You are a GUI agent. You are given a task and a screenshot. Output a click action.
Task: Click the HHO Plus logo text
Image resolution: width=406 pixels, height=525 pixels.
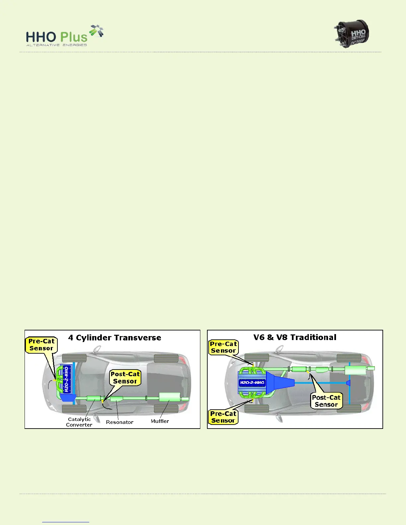pyautogui.click(x=57, y=37)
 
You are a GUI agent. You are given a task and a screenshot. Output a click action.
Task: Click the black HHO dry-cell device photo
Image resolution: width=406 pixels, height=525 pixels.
pyautogui.click(x=352, y=34)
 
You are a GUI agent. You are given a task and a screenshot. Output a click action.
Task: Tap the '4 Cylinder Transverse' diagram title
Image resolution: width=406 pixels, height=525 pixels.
pyautogui.click(x=114, y=338)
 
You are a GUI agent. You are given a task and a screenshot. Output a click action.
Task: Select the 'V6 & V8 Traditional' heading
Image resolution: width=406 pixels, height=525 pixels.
pyautogui.click(x=295, y=337)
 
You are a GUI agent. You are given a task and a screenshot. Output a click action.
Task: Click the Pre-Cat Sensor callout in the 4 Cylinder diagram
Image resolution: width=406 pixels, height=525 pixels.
pyautogui.click(x=41, y=345)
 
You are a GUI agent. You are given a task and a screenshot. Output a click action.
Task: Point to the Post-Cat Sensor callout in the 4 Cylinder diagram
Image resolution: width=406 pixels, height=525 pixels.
pyautogui.click(x=125, y=378)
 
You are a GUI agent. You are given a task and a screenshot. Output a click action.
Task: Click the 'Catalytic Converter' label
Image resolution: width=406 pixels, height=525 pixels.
pyautogui.click(x=79, y=422)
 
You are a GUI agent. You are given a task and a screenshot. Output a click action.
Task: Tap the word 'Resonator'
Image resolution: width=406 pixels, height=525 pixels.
pyautogui.click(x=119, y=422)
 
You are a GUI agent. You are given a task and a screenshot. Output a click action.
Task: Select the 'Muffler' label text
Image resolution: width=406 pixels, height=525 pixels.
pyautogui.click(x=160, y=421)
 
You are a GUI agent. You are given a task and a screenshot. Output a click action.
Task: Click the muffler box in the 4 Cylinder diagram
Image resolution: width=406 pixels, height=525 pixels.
pyautogui.click(x=169, y=397)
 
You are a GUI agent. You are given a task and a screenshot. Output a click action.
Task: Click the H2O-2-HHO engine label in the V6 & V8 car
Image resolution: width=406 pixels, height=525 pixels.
pyautogui.click(x=252, y=382)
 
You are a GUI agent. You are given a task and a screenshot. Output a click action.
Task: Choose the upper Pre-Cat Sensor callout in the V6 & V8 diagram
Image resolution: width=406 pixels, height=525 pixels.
pyautogui.click(x=223, y=347)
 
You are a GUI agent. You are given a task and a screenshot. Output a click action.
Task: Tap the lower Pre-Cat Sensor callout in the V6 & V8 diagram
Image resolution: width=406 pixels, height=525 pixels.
pyautogui.click(x=223, y=417)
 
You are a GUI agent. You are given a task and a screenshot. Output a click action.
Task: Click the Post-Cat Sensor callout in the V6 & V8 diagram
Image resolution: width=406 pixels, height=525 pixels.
pyautogui.click(x=326, y=401)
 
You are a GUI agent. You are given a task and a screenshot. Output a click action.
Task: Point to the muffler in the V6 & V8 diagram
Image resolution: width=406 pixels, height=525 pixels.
pyautogui.click(x=355, y=370)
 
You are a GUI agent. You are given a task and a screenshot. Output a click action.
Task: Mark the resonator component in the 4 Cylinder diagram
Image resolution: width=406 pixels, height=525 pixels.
pyautogui.click(x=116, y=398)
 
